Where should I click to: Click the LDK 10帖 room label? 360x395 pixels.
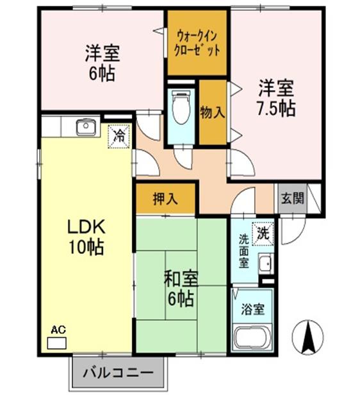86,235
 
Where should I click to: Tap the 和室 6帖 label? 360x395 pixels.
181,288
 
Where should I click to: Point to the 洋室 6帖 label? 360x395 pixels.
102,63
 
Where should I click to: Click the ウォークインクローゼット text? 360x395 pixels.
198,42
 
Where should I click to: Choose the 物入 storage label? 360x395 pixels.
213,112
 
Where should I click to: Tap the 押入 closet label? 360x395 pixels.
165,199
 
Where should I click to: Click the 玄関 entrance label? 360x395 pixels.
291,199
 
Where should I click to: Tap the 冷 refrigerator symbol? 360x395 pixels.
119,135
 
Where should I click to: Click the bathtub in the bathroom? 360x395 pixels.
254,338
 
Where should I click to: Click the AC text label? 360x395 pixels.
58,330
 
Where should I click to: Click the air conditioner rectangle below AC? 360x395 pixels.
56,342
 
